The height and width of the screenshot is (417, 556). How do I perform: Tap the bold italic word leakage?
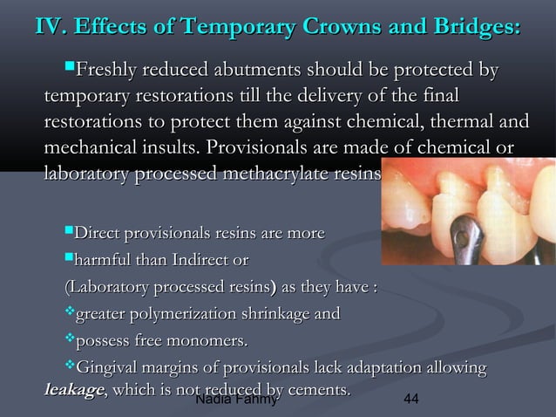click(74, 389)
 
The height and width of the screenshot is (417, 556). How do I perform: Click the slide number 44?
click(413, 400)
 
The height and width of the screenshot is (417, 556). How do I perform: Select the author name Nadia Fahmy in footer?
click(236, 400)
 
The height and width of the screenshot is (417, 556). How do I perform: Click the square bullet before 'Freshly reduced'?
click(71, 68)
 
